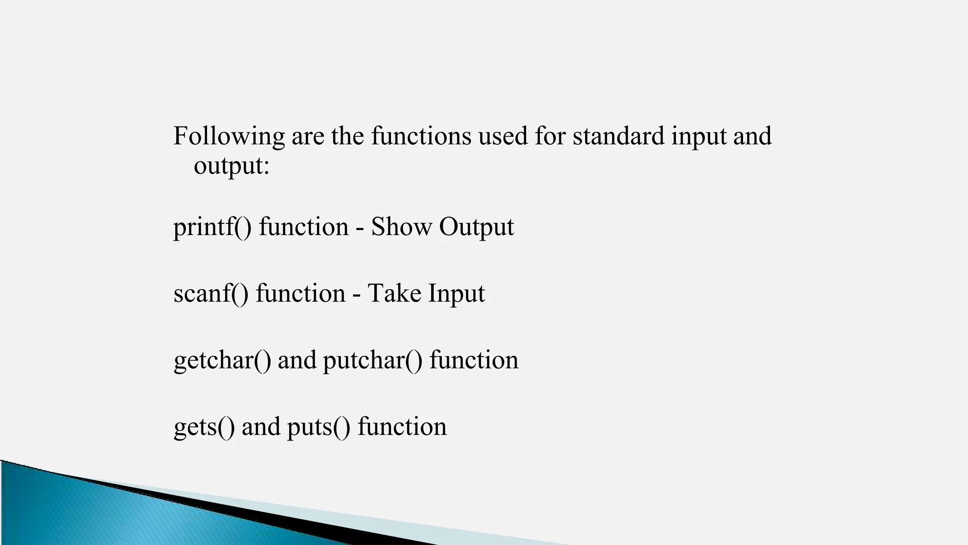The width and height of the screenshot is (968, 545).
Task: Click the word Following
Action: point(229,136)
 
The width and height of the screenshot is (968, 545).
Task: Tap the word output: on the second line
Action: point(232,166)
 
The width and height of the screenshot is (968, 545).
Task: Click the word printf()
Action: point(213,227)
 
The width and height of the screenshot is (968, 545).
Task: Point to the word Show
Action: point(401,227)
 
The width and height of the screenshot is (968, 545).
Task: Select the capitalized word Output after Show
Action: point(476,227)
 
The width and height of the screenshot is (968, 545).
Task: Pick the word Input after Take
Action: point(457,294)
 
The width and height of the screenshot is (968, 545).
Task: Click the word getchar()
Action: point(222,360)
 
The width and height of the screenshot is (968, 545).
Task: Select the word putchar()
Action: point(372,360)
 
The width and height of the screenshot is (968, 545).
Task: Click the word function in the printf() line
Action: point(304,227)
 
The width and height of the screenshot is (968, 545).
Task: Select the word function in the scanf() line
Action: point(301,293)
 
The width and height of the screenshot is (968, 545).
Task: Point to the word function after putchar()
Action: point(474,360)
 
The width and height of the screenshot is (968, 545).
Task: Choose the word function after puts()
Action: point(402,427)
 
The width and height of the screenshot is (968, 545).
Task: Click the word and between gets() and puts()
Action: point(261,427)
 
